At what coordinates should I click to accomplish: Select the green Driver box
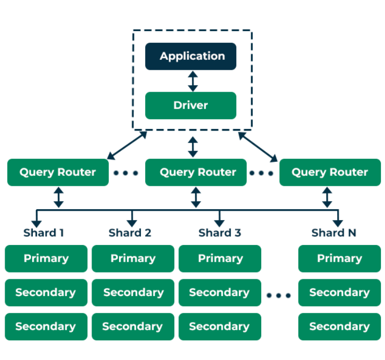[x=190, y=105]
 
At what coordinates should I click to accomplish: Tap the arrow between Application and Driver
[x=193, y=81]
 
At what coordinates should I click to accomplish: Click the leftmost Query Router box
[x=58, y=172]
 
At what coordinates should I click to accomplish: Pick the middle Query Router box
[x=196, y=172]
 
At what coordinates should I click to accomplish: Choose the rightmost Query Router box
[x=330, y=172]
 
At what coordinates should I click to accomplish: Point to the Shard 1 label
[x=44, y=233]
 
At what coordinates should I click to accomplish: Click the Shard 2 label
[x=130, y=233]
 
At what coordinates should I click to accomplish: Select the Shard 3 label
[x=220, y=233]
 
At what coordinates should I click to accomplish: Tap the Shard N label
[x=334, y=233]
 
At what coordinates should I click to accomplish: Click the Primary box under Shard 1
[x=46, y=259]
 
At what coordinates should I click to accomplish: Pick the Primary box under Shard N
[x=339, y=259]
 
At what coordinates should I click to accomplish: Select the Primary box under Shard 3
[x=220, y=259]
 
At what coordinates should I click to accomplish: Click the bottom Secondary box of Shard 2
[x=133, y=327]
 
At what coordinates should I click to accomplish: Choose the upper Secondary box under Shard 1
[x=46, y=292]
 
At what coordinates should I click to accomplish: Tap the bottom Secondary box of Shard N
[x=339, y=327]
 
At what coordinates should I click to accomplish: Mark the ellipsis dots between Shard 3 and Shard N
[x=279, y=295]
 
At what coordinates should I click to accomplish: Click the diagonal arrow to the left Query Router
[x=126, y=145]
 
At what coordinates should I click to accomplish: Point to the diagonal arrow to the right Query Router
[x=258, y=146]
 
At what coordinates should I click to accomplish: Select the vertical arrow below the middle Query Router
[x=196, y=198]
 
